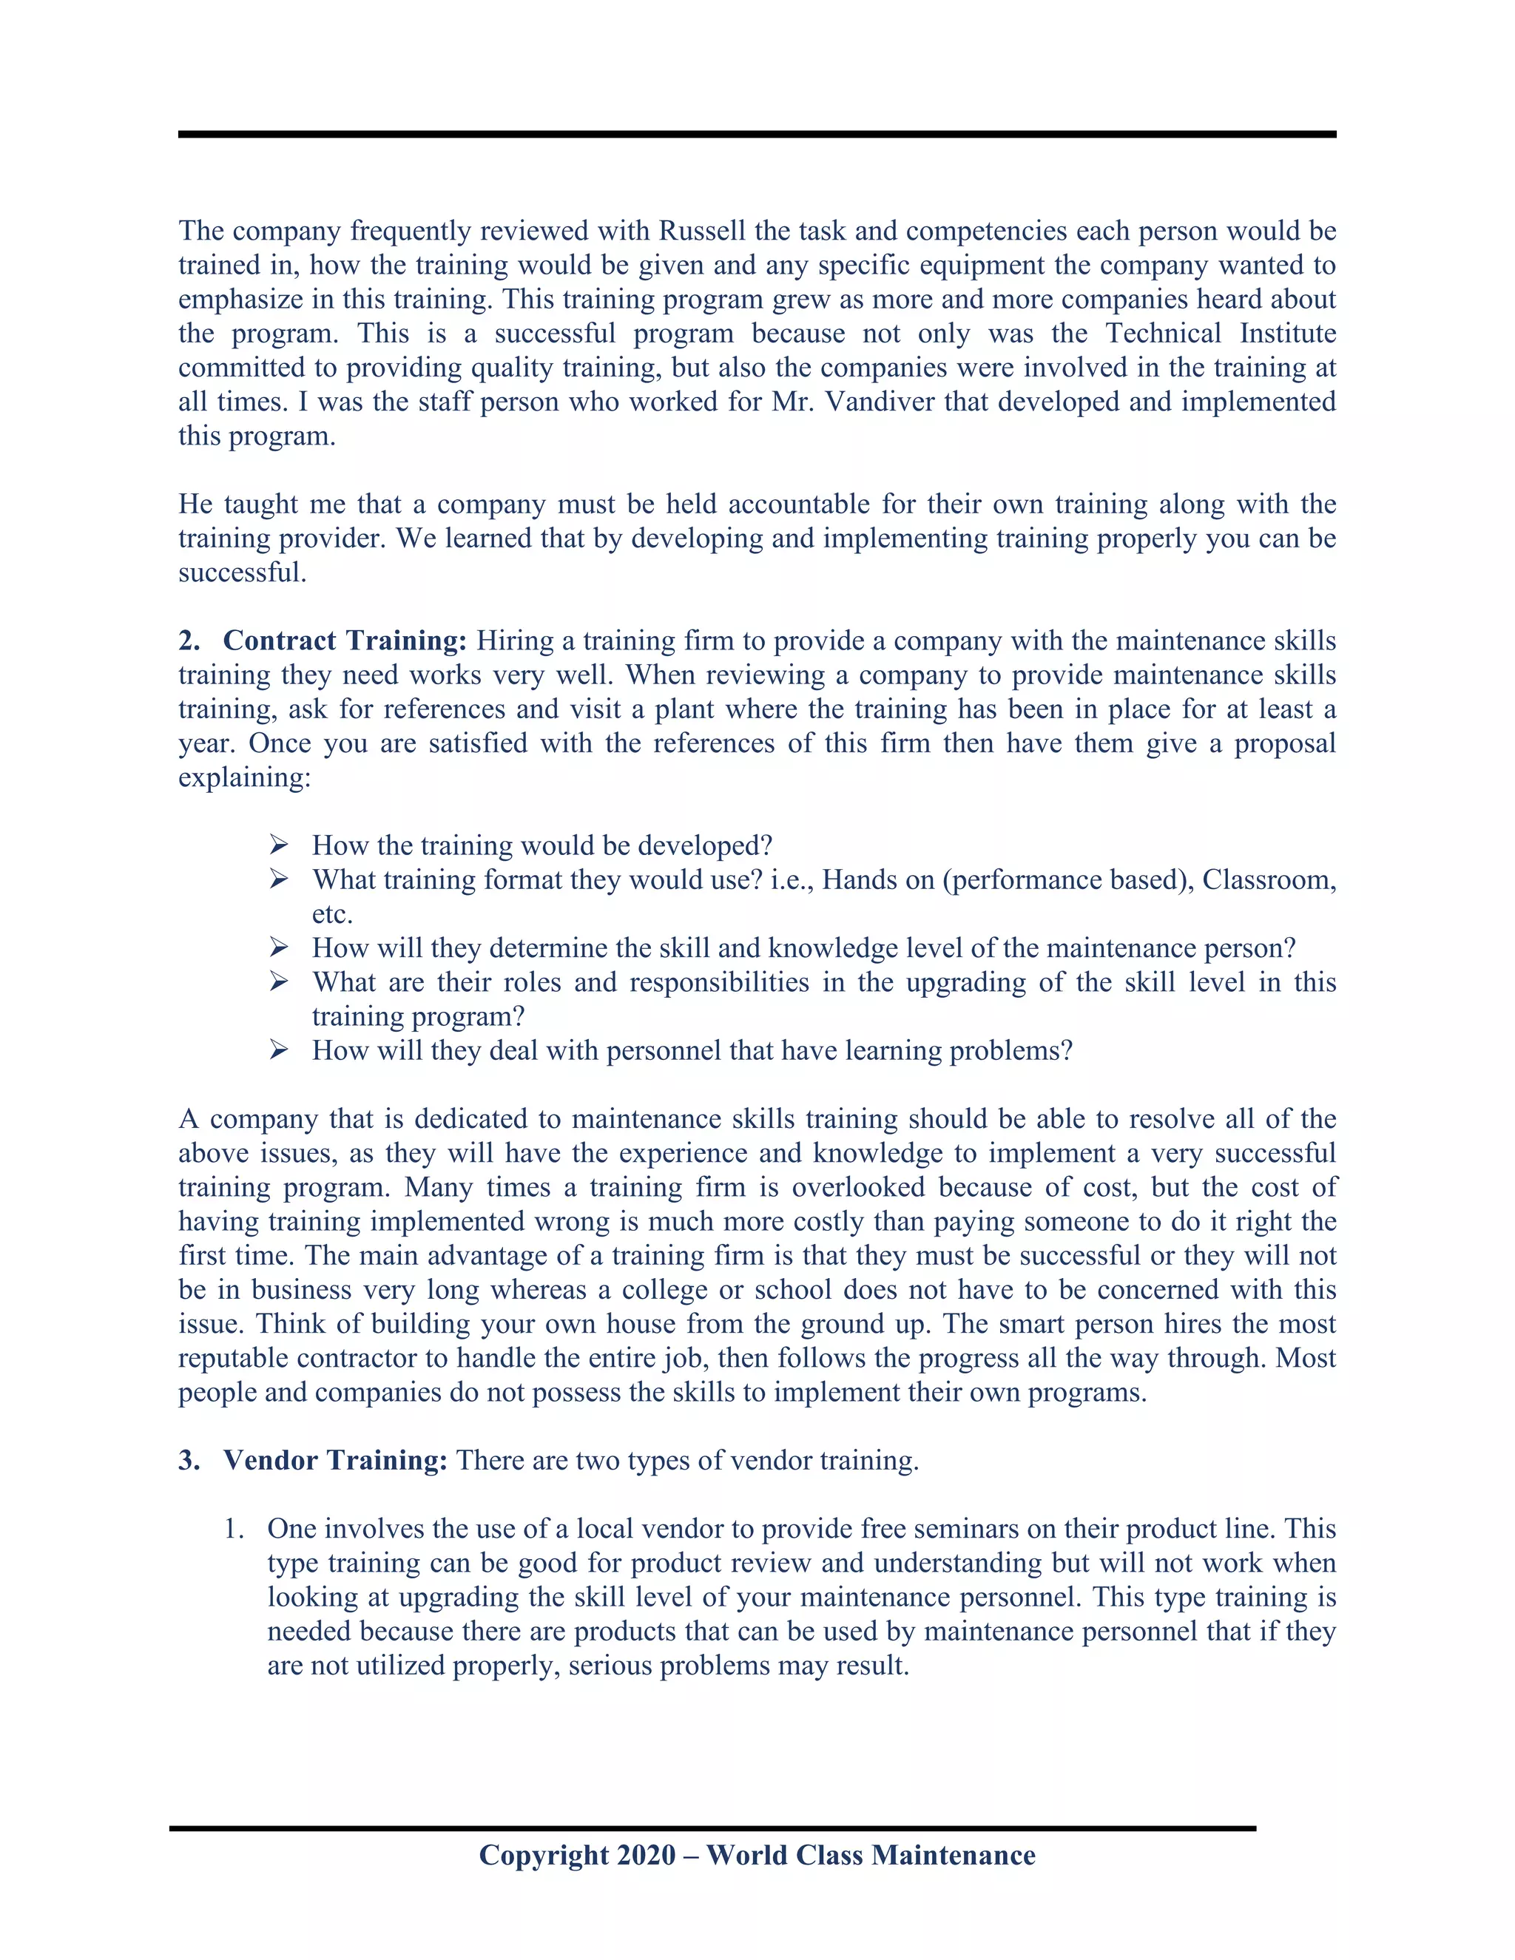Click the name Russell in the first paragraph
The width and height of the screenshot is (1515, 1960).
pyautogui.click(x=702, y=231)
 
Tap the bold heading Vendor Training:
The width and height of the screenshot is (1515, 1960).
pyautogui.click(x=335, y=1460)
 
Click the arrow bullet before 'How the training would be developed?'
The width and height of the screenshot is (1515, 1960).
pyautogui.click(x=278, y=845)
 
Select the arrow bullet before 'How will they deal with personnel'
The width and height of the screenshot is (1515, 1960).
pyautogui.click(x=278, y=1050)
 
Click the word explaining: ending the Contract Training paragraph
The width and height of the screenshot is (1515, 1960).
pyautogui.click(x=244, y=777)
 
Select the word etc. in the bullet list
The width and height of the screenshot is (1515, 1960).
pyautogui.click(x=332, y=914)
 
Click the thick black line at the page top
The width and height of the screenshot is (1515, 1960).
pyautogui.click(x=757, y=135)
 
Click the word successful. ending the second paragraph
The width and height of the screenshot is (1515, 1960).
pyautogui.click(x=243, y=572)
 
